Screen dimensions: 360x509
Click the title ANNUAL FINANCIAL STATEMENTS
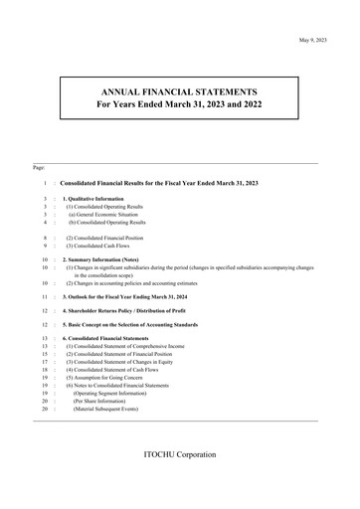(x=179, y=91)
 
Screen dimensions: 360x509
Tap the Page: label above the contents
(x=40, y=167)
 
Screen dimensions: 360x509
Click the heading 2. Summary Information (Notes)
(x=109, y=259)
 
